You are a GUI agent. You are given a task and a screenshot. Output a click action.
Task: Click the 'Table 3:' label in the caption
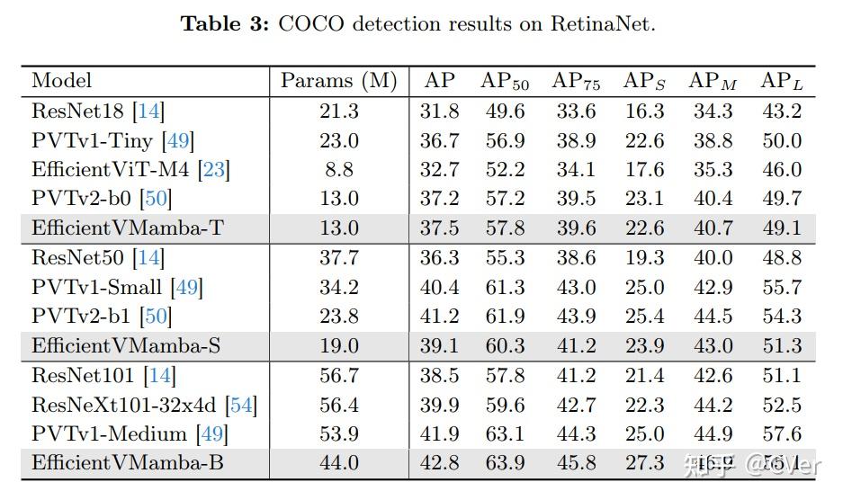225,23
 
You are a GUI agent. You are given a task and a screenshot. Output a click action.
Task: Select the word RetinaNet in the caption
603,23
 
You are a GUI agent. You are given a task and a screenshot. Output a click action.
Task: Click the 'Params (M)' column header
338,81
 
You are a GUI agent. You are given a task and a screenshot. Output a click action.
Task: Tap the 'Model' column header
62,81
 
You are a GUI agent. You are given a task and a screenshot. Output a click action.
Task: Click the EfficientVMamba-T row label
127,228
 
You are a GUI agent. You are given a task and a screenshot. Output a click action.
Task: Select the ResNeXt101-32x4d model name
125,405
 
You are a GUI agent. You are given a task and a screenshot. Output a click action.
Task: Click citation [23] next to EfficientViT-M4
214,169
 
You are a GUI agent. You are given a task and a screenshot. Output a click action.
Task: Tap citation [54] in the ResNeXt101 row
242,405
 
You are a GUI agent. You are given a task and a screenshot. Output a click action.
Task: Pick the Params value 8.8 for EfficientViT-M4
338,169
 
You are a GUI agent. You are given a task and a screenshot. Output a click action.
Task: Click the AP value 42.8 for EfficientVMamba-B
439,463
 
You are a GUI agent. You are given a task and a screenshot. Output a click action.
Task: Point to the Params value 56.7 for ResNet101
338,375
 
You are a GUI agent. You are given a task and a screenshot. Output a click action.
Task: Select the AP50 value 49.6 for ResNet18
505,111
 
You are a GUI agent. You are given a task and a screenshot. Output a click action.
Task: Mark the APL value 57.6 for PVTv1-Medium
781,434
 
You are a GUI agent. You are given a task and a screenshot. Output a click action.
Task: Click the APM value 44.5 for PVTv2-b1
713,317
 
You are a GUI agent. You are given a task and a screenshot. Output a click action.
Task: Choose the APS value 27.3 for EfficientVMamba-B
644,463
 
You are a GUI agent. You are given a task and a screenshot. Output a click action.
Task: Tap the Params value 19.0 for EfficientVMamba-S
338,346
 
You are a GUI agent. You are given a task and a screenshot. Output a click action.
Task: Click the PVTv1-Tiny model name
93,140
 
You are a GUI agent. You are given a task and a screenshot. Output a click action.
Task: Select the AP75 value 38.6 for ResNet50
575,258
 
